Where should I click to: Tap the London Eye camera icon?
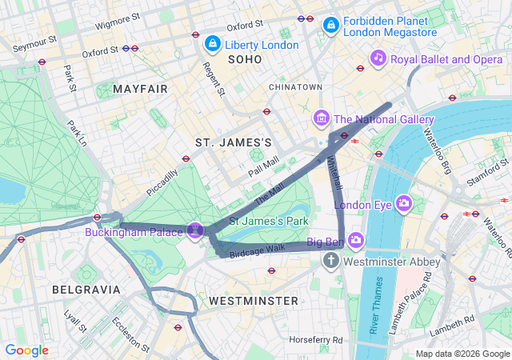coord(403,204)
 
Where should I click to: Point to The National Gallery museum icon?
coord(321,119)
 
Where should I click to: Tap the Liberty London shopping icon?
coord(213,44)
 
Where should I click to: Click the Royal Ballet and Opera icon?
coord(378,58)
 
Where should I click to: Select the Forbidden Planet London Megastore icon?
coord(330,26)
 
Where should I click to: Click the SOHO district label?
coord(244,60)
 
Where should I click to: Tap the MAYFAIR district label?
coord(141,88)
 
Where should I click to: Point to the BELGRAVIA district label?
coord(86,289)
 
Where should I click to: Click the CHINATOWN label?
coord(295,86)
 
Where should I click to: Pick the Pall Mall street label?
coord(263,166)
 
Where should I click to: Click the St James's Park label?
coord(269,220)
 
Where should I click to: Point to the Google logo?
coord(26,350)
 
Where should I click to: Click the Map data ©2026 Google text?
coord(462,354)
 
